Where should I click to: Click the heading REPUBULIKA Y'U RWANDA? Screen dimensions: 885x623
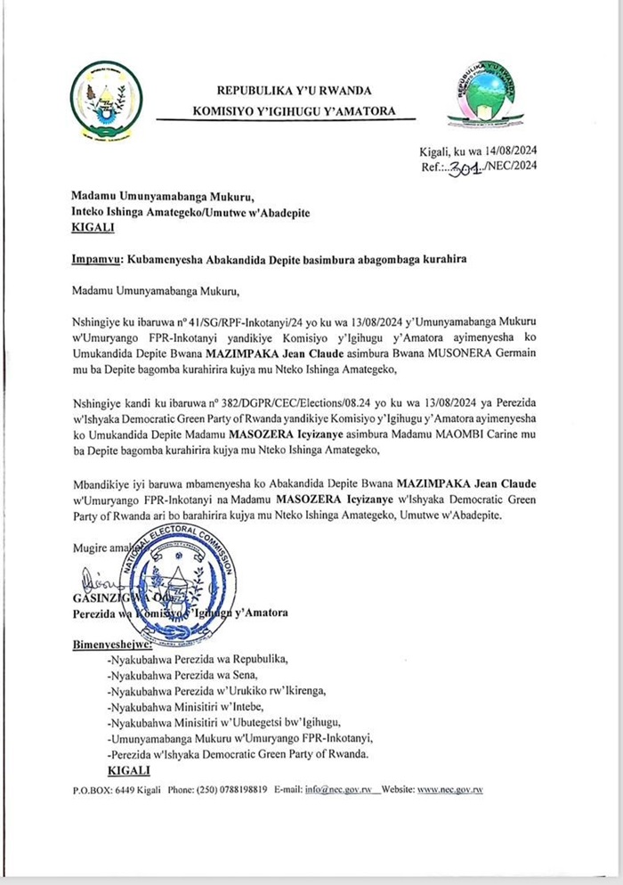click(295, 90)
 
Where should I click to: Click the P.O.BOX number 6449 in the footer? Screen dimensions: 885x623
click(125, 790)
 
